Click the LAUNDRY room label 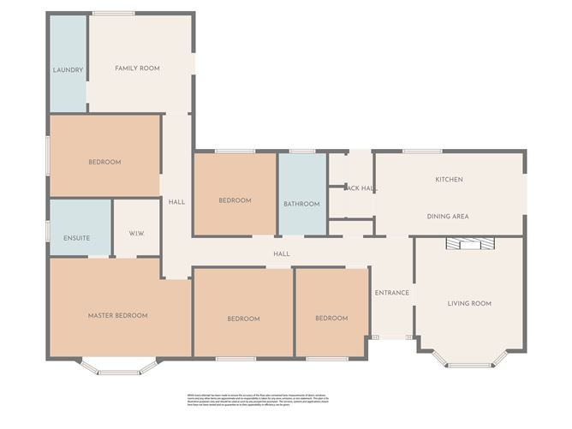tap(68, 69)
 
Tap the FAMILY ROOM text tap(138, 68)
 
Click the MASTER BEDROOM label tap(117, 315)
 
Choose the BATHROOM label tap(301, 204)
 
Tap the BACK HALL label tap(360, 188)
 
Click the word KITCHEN tap(449, 179)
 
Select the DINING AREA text tap(448, 217)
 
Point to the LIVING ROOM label tap(469, 303)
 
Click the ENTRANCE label tap(391, 293)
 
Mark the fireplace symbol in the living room tap(468, 244)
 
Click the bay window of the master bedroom tap(119, 369)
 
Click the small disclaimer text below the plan tap(285, 399)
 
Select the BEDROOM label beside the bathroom tap(235, 200)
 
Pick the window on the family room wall tap(113, 13)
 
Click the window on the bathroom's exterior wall tap(301, 152)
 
